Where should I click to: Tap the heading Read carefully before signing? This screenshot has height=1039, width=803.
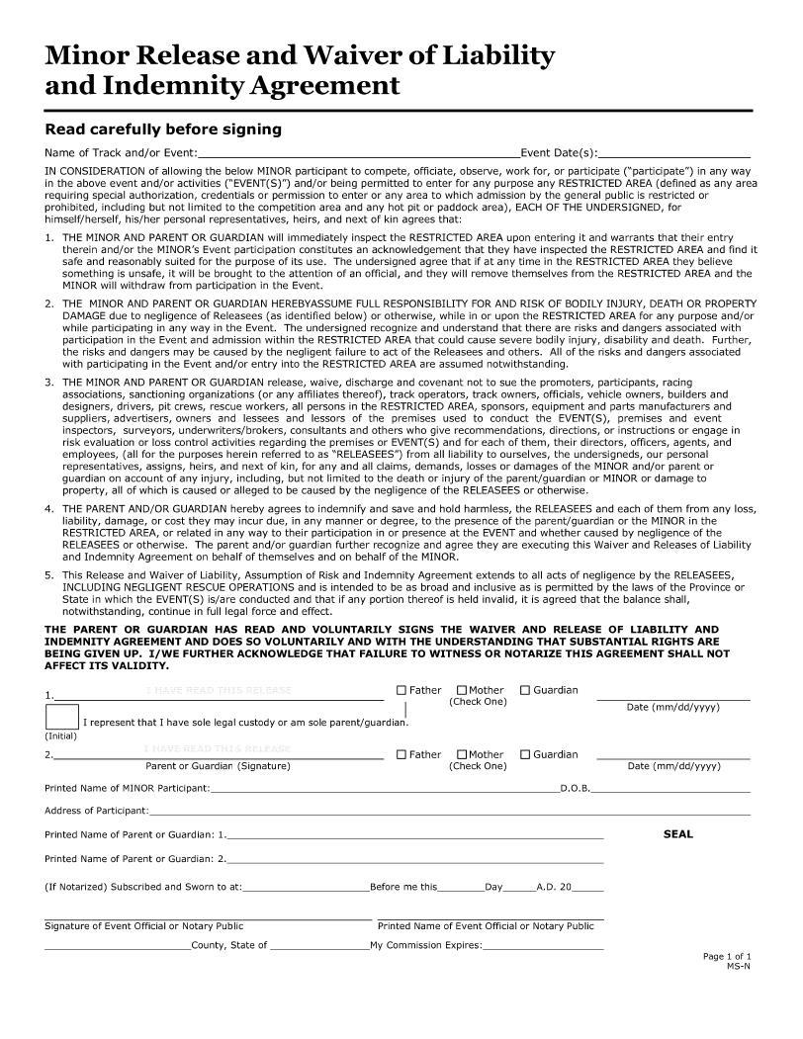(163, 130)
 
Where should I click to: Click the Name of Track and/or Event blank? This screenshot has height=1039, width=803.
(358, 153)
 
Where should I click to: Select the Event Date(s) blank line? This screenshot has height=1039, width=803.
(673, 153)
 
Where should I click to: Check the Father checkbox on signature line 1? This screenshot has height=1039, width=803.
(401, 690)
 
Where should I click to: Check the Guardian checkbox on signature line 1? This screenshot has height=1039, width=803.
(525, 690)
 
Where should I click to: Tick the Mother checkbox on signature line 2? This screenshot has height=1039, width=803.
(462, 754)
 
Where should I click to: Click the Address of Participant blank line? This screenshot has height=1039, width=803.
(449, 812)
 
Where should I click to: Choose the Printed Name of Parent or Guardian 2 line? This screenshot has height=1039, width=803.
(415, 859)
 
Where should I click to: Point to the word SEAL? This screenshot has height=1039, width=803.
(677, 834)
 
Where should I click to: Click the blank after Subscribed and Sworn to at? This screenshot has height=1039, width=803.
(306, 888)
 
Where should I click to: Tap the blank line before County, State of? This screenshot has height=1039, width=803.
(118, 946)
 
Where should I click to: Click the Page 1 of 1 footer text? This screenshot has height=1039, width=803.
(727, 956)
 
